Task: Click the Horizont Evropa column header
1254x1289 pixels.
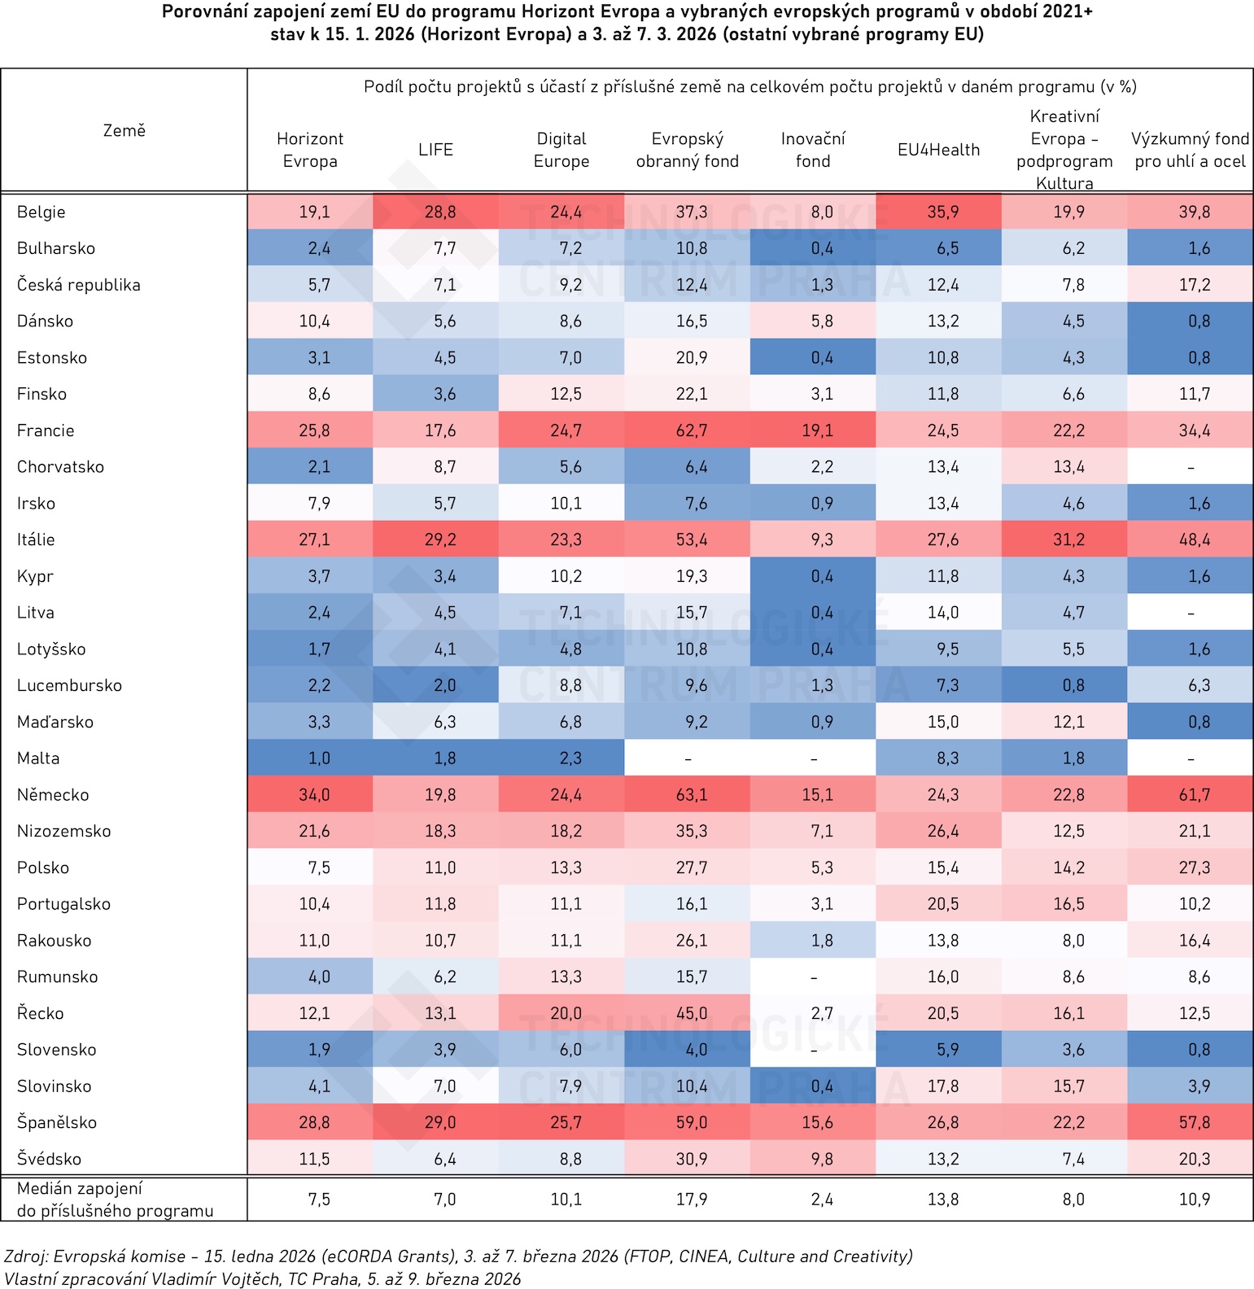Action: [x=310, y=150]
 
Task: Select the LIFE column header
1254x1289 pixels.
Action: [x=435, y=150]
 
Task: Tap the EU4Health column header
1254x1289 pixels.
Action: [x=938, y=150]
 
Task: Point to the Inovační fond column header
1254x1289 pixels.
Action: [x=813, y=150]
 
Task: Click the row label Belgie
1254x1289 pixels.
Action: [x=42, y=212]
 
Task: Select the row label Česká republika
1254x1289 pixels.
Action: [x=79, y=285]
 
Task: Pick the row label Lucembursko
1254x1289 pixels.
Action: [x=69, y=685]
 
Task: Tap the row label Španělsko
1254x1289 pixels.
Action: [x=57, y=1122]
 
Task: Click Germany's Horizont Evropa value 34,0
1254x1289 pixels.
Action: [x=314, y=794]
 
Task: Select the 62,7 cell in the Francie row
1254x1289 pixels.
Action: [x=691, y=430]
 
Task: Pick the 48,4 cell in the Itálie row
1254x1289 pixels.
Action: [x=1194, y=540]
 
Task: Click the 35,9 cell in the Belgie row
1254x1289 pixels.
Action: [x=942, y=212]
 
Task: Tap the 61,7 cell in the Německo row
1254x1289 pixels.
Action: [x=1194, y=794]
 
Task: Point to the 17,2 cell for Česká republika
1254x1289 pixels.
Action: [x=1194, y=285]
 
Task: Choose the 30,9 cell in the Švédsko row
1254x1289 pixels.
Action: [x=691, y=1159]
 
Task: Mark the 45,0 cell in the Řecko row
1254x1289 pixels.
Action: [x=691, y=1013]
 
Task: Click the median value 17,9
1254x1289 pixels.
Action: [x=691, y=1199]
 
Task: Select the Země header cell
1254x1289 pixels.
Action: [x=124, y=130]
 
